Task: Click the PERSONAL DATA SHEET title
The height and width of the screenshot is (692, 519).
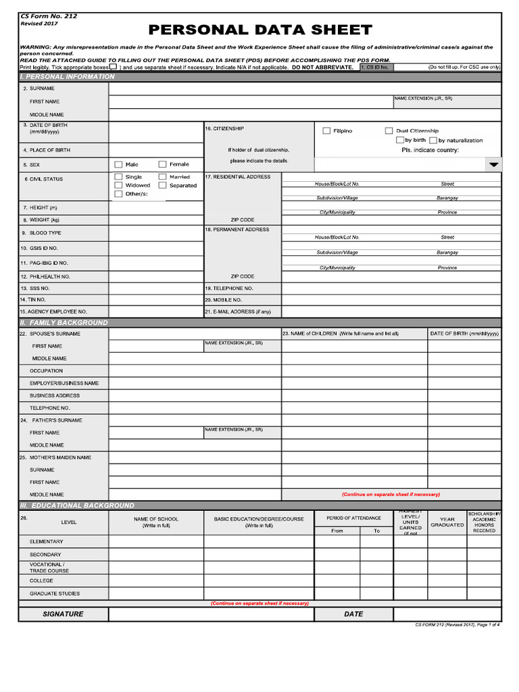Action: coord(260,30)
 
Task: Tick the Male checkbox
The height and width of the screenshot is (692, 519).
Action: coord(118,164)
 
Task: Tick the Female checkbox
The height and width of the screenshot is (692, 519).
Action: coord(162,164)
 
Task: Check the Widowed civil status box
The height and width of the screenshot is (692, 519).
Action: coord(118,185)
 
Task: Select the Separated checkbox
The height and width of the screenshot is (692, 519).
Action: coord(162,185)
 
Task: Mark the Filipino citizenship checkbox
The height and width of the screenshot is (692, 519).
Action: coord(326,130)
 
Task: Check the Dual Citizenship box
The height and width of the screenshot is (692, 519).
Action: coord(389,130)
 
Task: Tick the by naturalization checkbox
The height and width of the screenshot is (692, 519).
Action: coord(432,140)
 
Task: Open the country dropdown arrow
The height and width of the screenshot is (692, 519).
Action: coord(493,165)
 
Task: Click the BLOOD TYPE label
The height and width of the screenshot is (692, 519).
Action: coord(45,233)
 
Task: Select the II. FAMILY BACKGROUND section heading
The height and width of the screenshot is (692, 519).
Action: coord(64,323)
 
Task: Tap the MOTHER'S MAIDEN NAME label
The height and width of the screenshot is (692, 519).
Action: coord(59,458)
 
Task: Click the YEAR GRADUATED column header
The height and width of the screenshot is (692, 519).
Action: coord(447,522)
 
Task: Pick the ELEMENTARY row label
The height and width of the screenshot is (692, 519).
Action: coord(46,542)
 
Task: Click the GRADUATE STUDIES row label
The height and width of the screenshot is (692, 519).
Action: coord(54,594)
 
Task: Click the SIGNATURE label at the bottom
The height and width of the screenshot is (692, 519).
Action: coord(64,614)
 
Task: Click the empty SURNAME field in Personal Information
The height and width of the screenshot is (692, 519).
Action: coord(304,89)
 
